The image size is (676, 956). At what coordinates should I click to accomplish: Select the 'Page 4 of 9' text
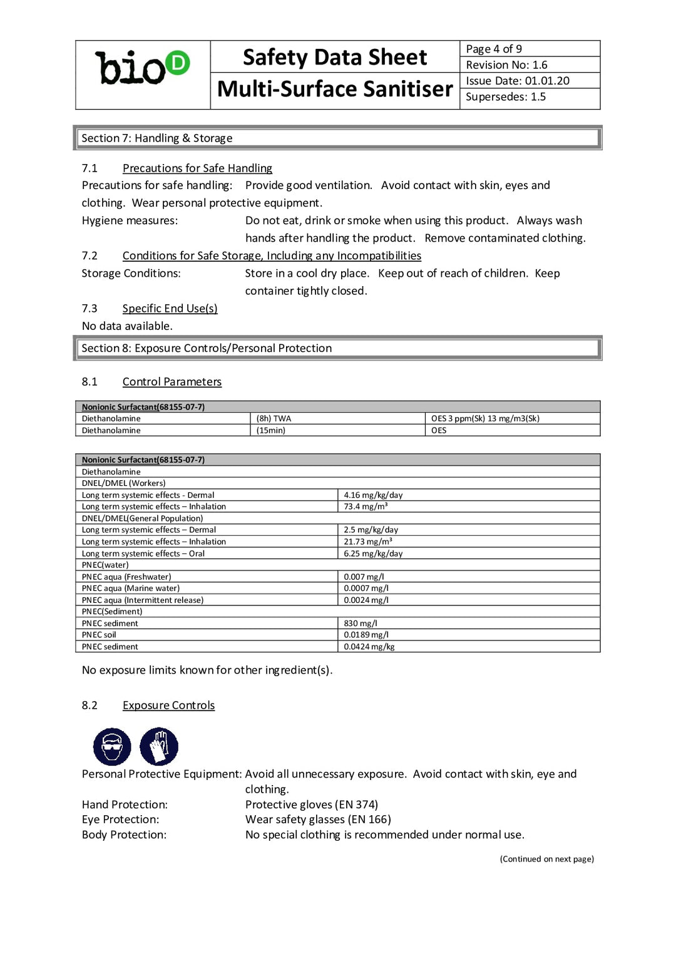tap(494, 49)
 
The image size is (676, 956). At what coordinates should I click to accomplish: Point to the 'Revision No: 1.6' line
tap(506, 65)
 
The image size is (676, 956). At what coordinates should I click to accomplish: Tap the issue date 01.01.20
tap(547, 81)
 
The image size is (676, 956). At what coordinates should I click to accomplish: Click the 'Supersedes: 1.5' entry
tap(505, 97)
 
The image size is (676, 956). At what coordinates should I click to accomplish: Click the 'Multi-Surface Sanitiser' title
tap(335, 90)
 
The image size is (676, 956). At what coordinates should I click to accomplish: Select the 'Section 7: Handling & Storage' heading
tap(157, 138)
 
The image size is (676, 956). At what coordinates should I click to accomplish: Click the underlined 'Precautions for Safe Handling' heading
tap(197, 168)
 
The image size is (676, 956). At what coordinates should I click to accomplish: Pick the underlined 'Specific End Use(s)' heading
tap(170, 309)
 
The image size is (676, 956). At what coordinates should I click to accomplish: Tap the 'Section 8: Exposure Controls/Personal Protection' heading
tap(207, 348)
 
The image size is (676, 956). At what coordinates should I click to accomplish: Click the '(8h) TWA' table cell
tap(274, 419)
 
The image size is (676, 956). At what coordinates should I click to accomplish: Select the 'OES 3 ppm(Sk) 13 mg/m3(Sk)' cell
tap(485, 419)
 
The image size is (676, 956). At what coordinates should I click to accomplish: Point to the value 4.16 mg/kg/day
tap(373, 495)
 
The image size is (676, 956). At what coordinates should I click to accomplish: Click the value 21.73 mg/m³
tap(368, 542)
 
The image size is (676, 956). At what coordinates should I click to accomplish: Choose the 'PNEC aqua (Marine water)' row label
tap(131, 589)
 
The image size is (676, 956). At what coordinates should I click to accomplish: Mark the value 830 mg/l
tap(361, 624)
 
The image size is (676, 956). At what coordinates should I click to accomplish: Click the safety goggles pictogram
tap(112, 746)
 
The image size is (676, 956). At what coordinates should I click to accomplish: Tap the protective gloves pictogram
tap(159, 746)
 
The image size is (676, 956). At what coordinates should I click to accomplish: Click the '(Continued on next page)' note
tap(546, 859)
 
